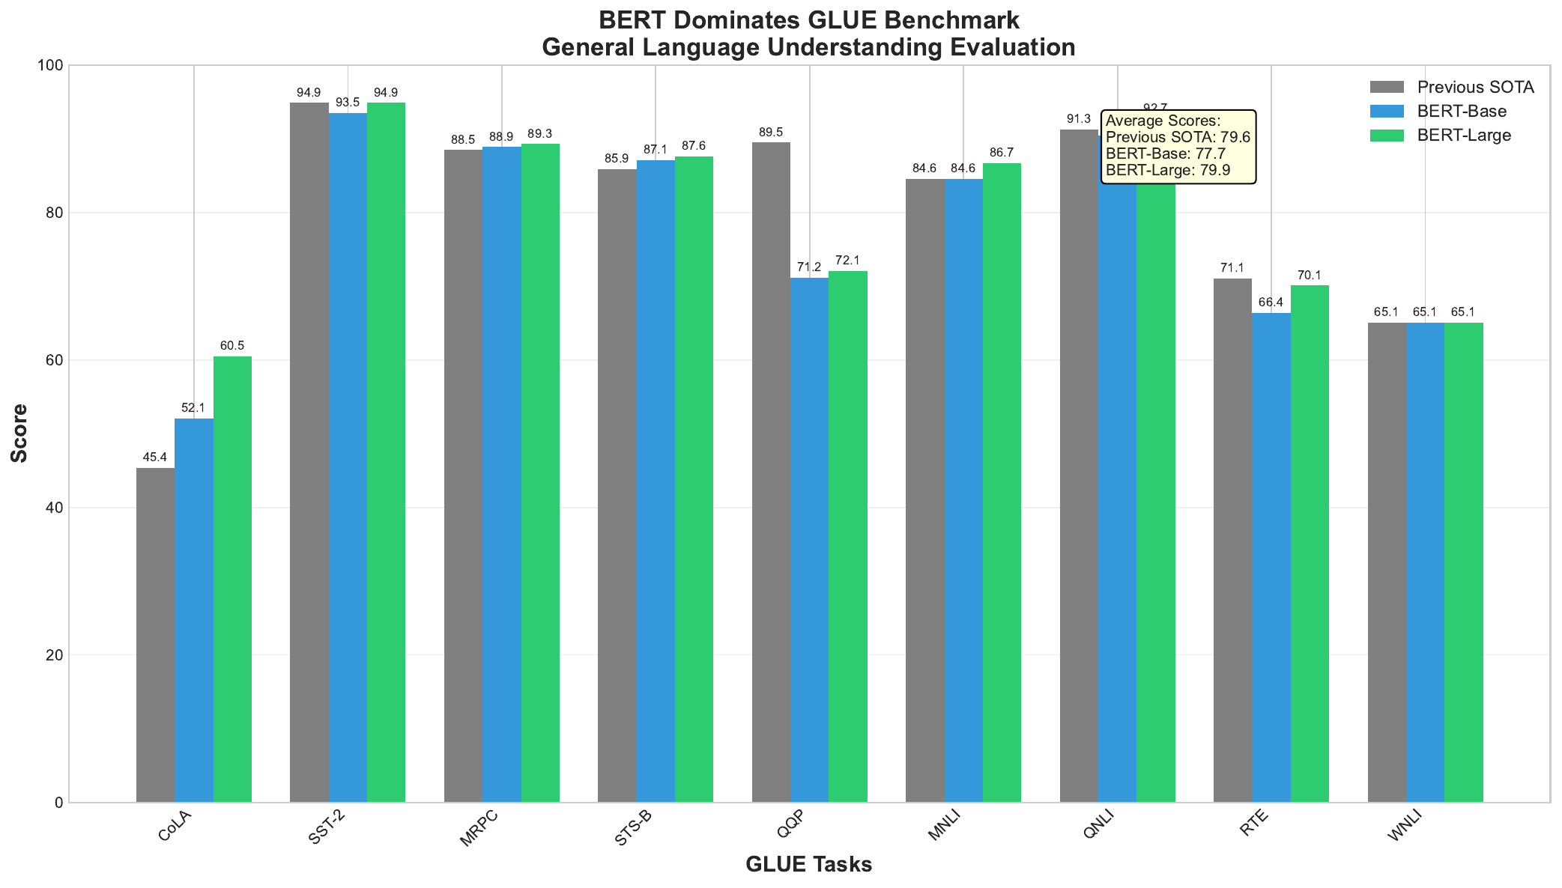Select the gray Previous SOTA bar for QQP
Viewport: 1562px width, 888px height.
(x=771, y=472)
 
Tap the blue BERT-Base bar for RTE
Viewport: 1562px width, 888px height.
(x=1271, y=557)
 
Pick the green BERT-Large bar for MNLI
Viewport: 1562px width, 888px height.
(x=1002, y=482)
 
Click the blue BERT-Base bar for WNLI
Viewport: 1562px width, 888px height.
(x=1425, y=562)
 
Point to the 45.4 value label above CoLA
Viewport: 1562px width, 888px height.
(x=155, y=457)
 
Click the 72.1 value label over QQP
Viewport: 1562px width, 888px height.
(x=848, y=261)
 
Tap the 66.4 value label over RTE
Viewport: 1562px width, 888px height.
(x=1271, y=302)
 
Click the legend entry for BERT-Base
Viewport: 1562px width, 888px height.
(x=1461, y=111)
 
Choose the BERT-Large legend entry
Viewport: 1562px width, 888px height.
(x=1464, y=136)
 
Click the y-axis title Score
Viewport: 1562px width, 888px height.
(x=20, y=434)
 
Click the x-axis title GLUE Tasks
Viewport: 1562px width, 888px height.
(x=808, y=865)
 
